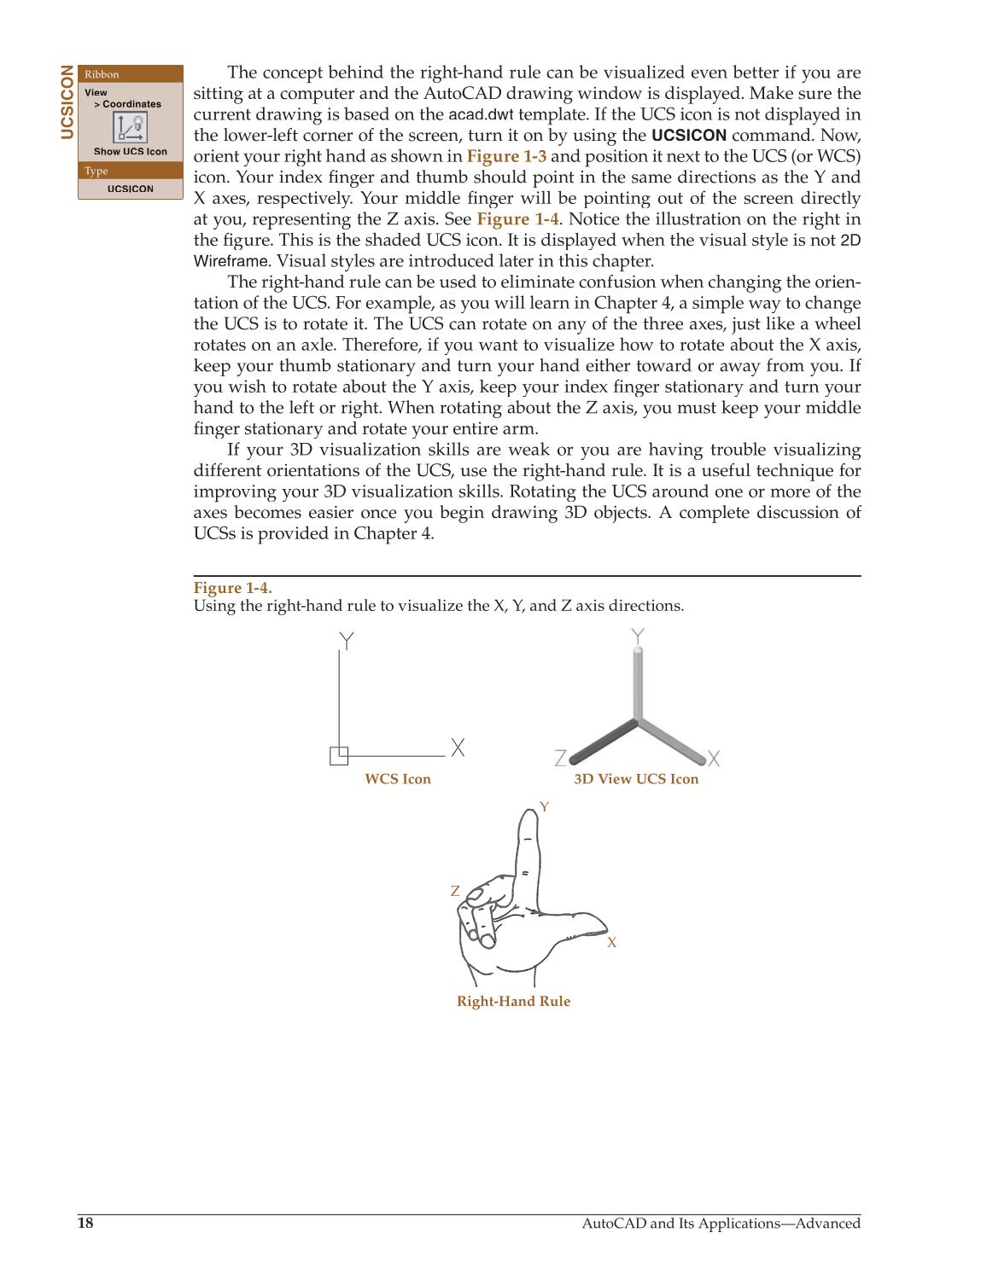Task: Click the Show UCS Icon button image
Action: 131,128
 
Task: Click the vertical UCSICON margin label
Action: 67,102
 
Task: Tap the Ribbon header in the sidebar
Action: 102,74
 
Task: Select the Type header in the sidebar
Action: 96,171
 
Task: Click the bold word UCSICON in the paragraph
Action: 688,136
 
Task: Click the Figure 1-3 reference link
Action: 506,156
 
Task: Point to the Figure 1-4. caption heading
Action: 232,588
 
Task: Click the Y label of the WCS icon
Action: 346,641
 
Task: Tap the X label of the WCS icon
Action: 458,747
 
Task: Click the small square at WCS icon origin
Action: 339,756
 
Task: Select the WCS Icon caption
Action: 398,779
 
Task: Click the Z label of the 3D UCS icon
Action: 560,758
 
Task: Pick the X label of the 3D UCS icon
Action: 714,758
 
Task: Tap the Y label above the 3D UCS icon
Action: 637,637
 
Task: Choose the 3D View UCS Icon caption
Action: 636,779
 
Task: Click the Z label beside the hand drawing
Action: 455,891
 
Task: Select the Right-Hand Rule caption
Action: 513,1002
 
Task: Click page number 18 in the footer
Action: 85,1224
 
